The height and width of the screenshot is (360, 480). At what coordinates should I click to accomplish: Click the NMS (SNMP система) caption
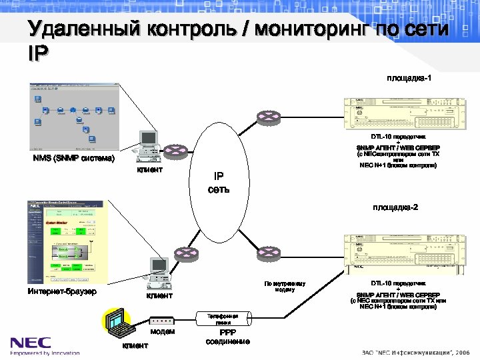[x=74, y=159]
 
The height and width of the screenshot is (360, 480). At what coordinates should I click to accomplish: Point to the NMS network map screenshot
[x=74, y=117]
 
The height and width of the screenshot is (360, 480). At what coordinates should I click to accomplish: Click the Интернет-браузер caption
[x=62, y=291]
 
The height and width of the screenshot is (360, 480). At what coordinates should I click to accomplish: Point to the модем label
[x=162, y=331]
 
